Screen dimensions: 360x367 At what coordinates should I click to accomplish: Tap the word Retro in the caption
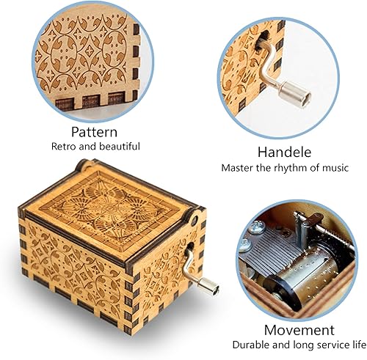pyautogui.click(x=64, y=147)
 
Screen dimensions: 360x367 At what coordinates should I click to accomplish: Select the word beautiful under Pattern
pyautogui.click(x=117, y=147)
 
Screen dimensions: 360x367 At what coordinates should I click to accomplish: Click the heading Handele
pyautogui.click(x=284, y=153)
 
